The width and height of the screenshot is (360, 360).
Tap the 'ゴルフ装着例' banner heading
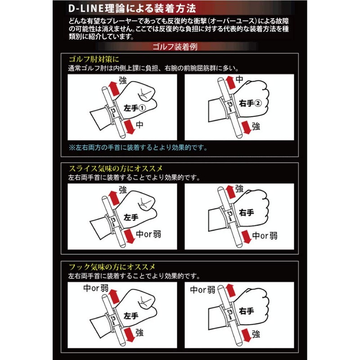click(x=180, y=46)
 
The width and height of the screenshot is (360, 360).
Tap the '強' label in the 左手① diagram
click(x=123, y=81)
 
